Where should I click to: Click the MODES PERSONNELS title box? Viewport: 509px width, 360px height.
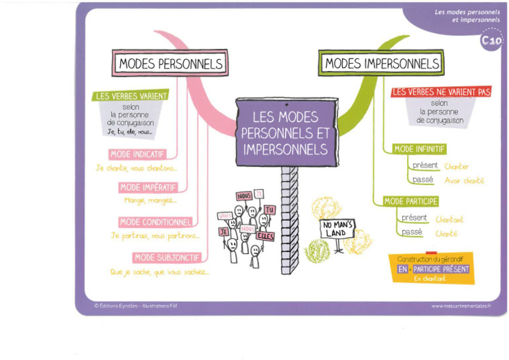(x=171, y=64)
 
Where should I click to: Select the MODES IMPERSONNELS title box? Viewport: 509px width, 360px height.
(x=381, y=64)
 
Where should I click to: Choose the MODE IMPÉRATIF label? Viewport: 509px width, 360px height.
(x=148, y=188)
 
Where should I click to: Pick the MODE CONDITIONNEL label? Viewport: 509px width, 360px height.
(x=156, y=222)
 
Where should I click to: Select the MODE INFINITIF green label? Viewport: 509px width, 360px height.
(x=420, y=149)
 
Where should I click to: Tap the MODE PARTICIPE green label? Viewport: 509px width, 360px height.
(x=411, y=201)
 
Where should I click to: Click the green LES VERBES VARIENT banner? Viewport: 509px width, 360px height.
(x=131, y=96)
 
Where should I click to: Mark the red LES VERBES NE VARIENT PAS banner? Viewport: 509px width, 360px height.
(x=441, y=92)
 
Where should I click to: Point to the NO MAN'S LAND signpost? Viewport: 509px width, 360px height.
(x=338, y=229)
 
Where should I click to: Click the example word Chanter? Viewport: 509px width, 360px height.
(x=456, y=166)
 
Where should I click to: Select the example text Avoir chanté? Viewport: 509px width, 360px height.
(x=464, y=180)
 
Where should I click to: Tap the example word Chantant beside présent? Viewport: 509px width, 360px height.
(x=449, y=219)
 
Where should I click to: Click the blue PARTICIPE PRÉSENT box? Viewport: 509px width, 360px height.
(x=441, y=269)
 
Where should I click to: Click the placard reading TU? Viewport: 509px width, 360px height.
(x=269, y=209)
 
